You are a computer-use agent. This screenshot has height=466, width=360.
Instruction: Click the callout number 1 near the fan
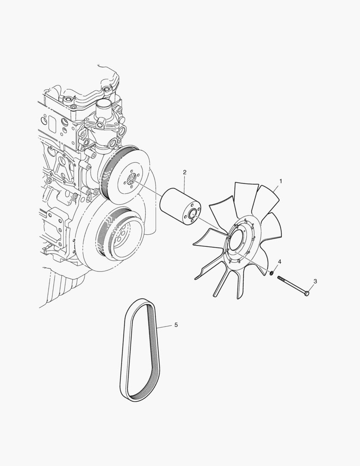(280, 181)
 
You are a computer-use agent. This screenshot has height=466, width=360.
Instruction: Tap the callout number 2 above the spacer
(185, 172)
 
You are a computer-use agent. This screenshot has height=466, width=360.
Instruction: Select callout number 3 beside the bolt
(315, 281)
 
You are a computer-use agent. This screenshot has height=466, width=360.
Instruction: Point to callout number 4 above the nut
(279, 261)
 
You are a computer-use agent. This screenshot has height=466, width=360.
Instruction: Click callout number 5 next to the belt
(176, 325)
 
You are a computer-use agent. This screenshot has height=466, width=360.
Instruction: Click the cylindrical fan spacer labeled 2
(180, 207)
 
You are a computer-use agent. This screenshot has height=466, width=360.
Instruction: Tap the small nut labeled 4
(272, 273)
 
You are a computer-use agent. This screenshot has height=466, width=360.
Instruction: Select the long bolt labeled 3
(294, 286)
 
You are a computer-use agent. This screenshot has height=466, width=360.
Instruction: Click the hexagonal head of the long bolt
(307, 293)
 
